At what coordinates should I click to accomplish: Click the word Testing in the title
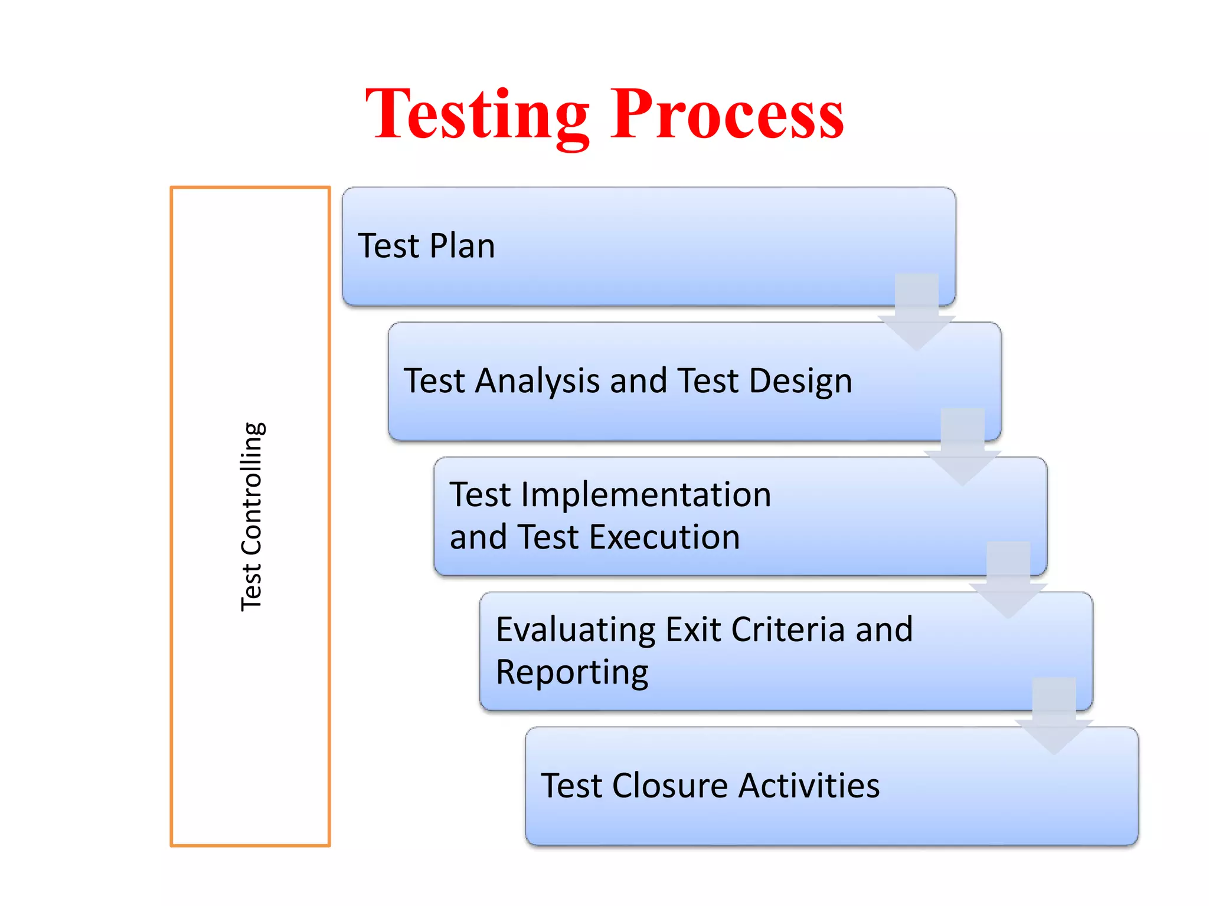click(477, 115)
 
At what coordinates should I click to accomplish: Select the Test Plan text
click(426, 246)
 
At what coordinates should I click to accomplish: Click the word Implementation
click(645, 494)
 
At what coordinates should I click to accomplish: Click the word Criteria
click(788, 629)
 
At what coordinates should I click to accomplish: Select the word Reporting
click(571, 672)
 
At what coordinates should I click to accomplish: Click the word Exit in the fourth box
click(693, 629)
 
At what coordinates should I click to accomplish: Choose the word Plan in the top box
click(462, 246)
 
